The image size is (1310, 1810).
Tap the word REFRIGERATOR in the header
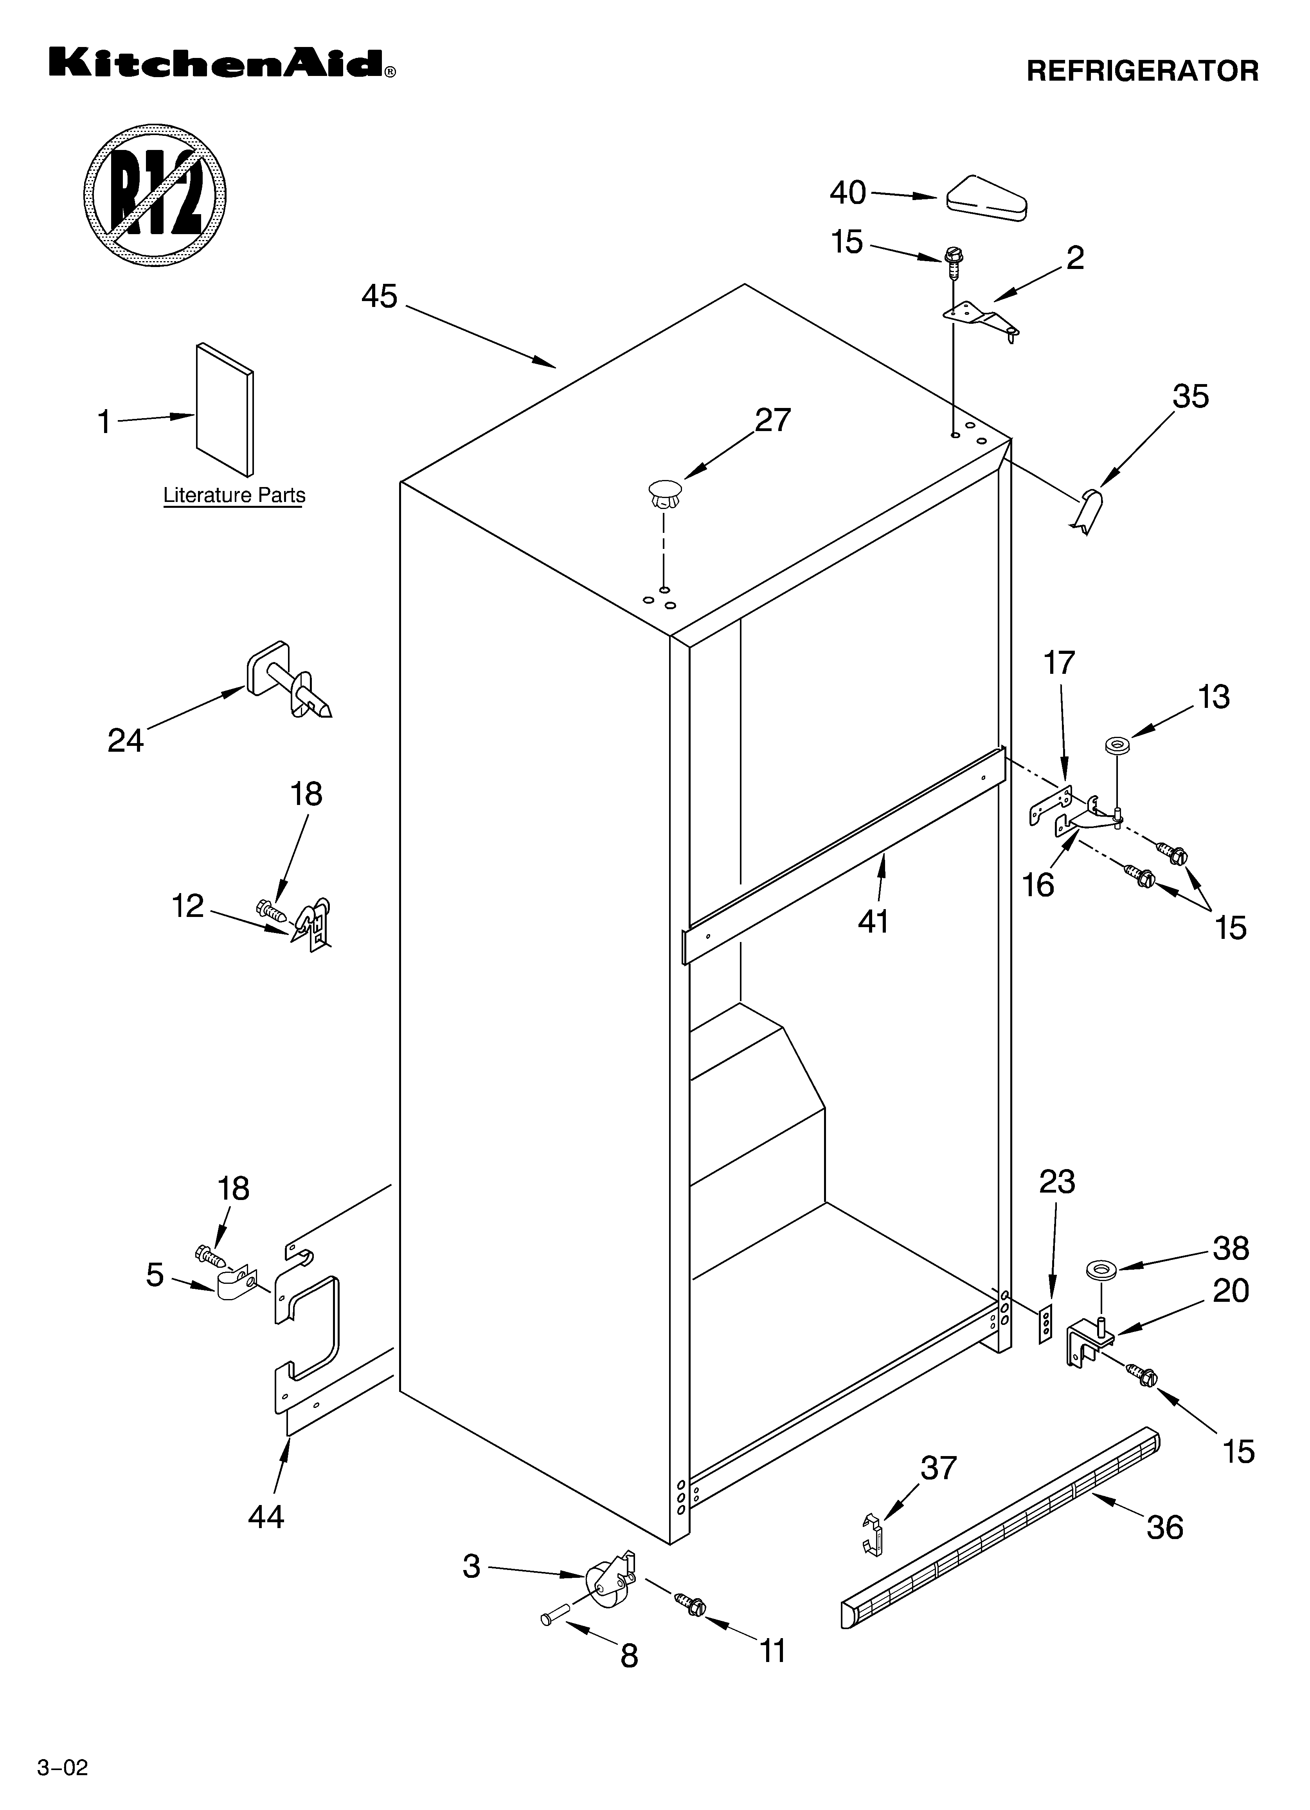click(x=1142, y=71)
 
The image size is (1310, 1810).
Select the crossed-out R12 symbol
click(x=155, y=194)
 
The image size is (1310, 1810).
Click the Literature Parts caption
click(x=234, y=496)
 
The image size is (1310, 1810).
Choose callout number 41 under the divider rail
click(x=874, y=922)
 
